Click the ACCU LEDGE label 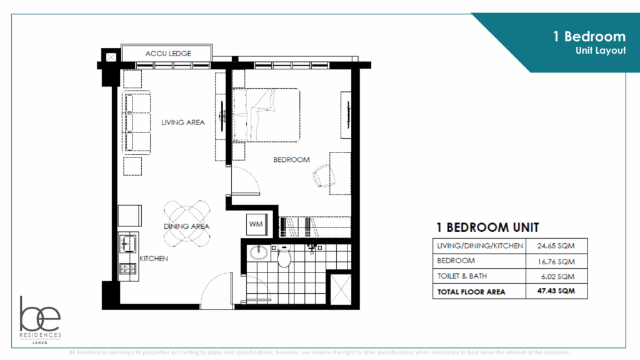[x=168, y=54]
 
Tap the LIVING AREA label [x=183, y=122]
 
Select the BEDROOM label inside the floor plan [x=291, y=160]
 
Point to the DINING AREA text [x=186, y=226]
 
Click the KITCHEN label [x=153, y=258]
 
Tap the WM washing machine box [x=255, y=223]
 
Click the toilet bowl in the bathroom [x=284, y=256]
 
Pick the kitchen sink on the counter [x=129, y=244]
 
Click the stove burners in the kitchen [x=129, y=269]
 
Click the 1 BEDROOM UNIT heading [x=487, y=227]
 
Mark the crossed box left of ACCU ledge [x=111, y=57]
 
